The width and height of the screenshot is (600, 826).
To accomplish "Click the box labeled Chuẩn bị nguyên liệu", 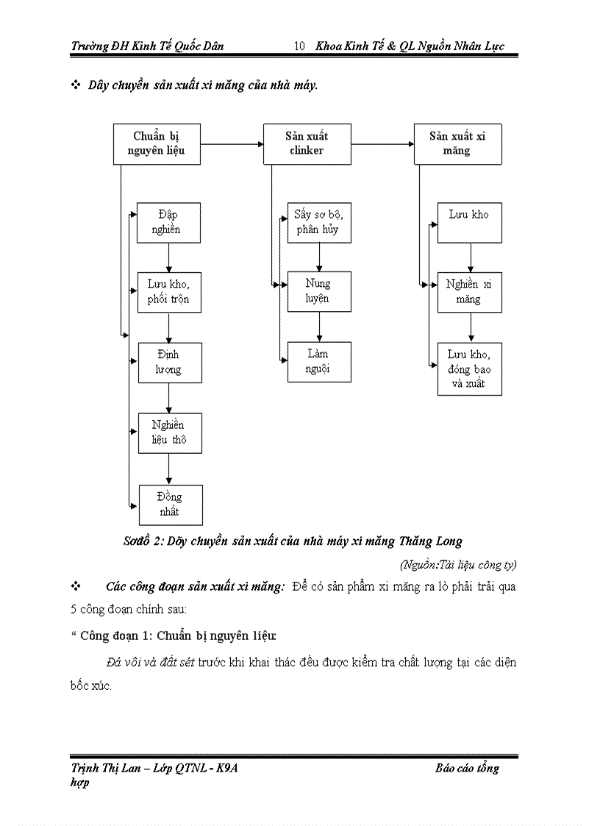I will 156,143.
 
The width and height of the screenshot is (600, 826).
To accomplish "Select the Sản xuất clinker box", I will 307,143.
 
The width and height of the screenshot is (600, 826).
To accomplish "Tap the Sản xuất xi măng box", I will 457,143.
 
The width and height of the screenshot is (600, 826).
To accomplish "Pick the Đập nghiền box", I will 169,222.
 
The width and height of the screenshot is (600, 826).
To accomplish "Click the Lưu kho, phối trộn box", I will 169,292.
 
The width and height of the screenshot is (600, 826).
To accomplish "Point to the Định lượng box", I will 169,362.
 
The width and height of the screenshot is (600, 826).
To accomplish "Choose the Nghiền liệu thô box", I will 169,432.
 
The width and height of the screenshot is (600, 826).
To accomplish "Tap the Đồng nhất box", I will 170,504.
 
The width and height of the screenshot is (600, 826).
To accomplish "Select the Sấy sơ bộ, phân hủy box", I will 318,222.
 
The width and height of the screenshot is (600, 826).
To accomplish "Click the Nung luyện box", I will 318,291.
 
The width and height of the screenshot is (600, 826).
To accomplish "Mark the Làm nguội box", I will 318,361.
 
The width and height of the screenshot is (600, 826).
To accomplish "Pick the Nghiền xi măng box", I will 469,291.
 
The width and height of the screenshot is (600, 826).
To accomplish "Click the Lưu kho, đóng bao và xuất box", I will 469,369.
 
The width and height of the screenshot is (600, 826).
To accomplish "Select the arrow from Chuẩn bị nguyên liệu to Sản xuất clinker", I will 232,144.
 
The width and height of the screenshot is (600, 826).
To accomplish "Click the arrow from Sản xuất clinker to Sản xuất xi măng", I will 382,144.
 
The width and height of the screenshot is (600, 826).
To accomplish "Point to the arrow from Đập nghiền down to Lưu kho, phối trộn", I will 169,257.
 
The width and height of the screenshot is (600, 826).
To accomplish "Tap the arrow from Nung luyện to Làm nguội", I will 318,327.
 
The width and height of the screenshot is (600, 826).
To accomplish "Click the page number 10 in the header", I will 299,46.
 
